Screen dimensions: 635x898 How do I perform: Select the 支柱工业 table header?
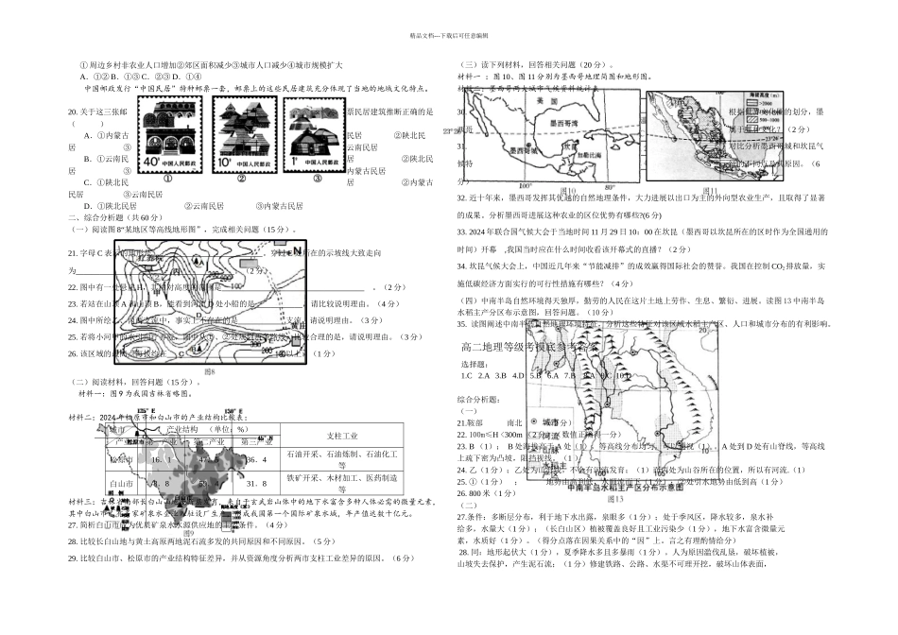[x=334, y=437]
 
